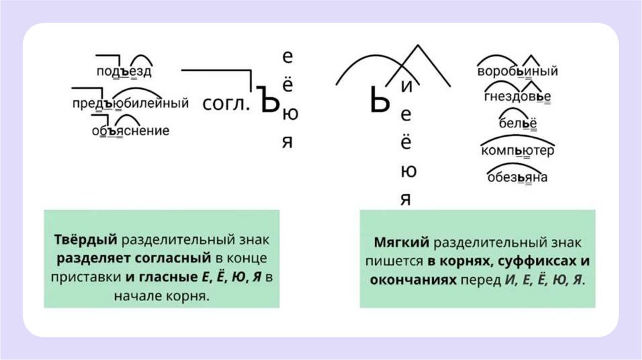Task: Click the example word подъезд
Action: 124,71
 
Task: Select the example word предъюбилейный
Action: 130,102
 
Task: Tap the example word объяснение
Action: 130,131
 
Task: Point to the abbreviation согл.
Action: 226,104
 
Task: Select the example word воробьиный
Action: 517,71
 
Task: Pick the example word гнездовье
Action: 517,97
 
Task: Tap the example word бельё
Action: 518,124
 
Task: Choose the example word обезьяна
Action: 517,177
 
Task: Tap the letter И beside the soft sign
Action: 406,88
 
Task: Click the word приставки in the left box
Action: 87,277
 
